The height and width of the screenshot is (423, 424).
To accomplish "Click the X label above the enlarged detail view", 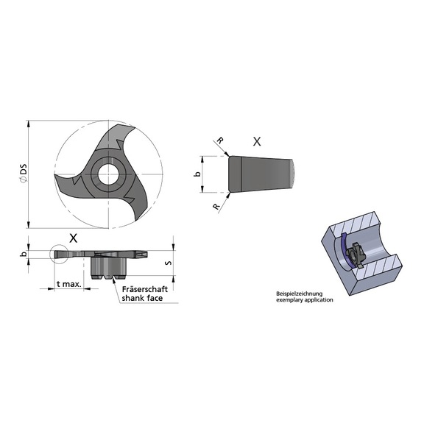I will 255,141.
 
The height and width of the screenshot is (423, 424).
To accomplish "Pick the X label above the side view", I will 72,238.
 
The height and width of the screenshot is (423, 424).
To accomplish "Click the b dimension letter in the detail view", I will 196,175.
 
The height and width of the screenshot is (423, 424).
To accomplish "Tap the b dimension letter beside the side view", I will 24,254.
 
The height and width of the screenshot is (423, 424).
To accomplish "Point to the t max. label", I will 68,284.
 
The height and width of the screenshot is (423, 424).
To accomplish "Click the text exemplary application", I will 304,300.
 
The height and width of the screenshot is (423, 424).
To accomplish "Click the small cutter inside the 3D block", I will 358,255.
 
